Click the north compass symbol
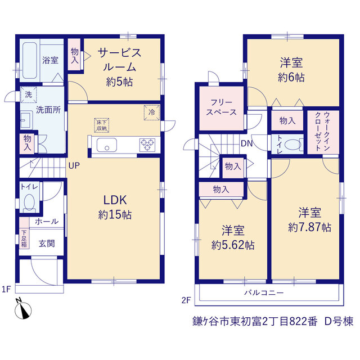click(x=23, y=309)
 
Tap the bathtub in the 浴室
click(x=30, y=60)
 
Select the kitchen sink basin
click(x=106, y=145)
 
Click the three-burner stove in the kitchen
click(x=147, y=145)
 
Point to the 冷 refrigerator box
click(x=151, y=112)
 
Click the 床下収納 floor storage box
click(x=101, y=125)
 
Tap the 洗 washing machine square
click(x=29, y=94)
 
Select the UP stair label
click(x=74, y=165)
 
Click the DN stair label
click(x=246, y=143)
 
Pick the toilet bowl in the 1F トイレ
click(x=29, y=202)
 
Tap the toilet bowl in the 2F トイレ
click(x=292, y=145)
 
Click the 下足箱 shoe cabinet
click(x=24, y=238)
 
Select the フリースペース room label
click(x=221, y=107)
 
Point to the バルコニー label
click(x=264, y=292)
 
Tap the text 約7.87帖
click(x=309, y=227)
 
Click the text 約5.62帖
click(x=233, y=245)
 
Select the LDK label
click(x=115, y=200)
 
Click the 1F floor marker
click(x=6, y=289)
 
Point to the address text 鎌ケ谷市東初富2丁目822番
click(x=255, y=321)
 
